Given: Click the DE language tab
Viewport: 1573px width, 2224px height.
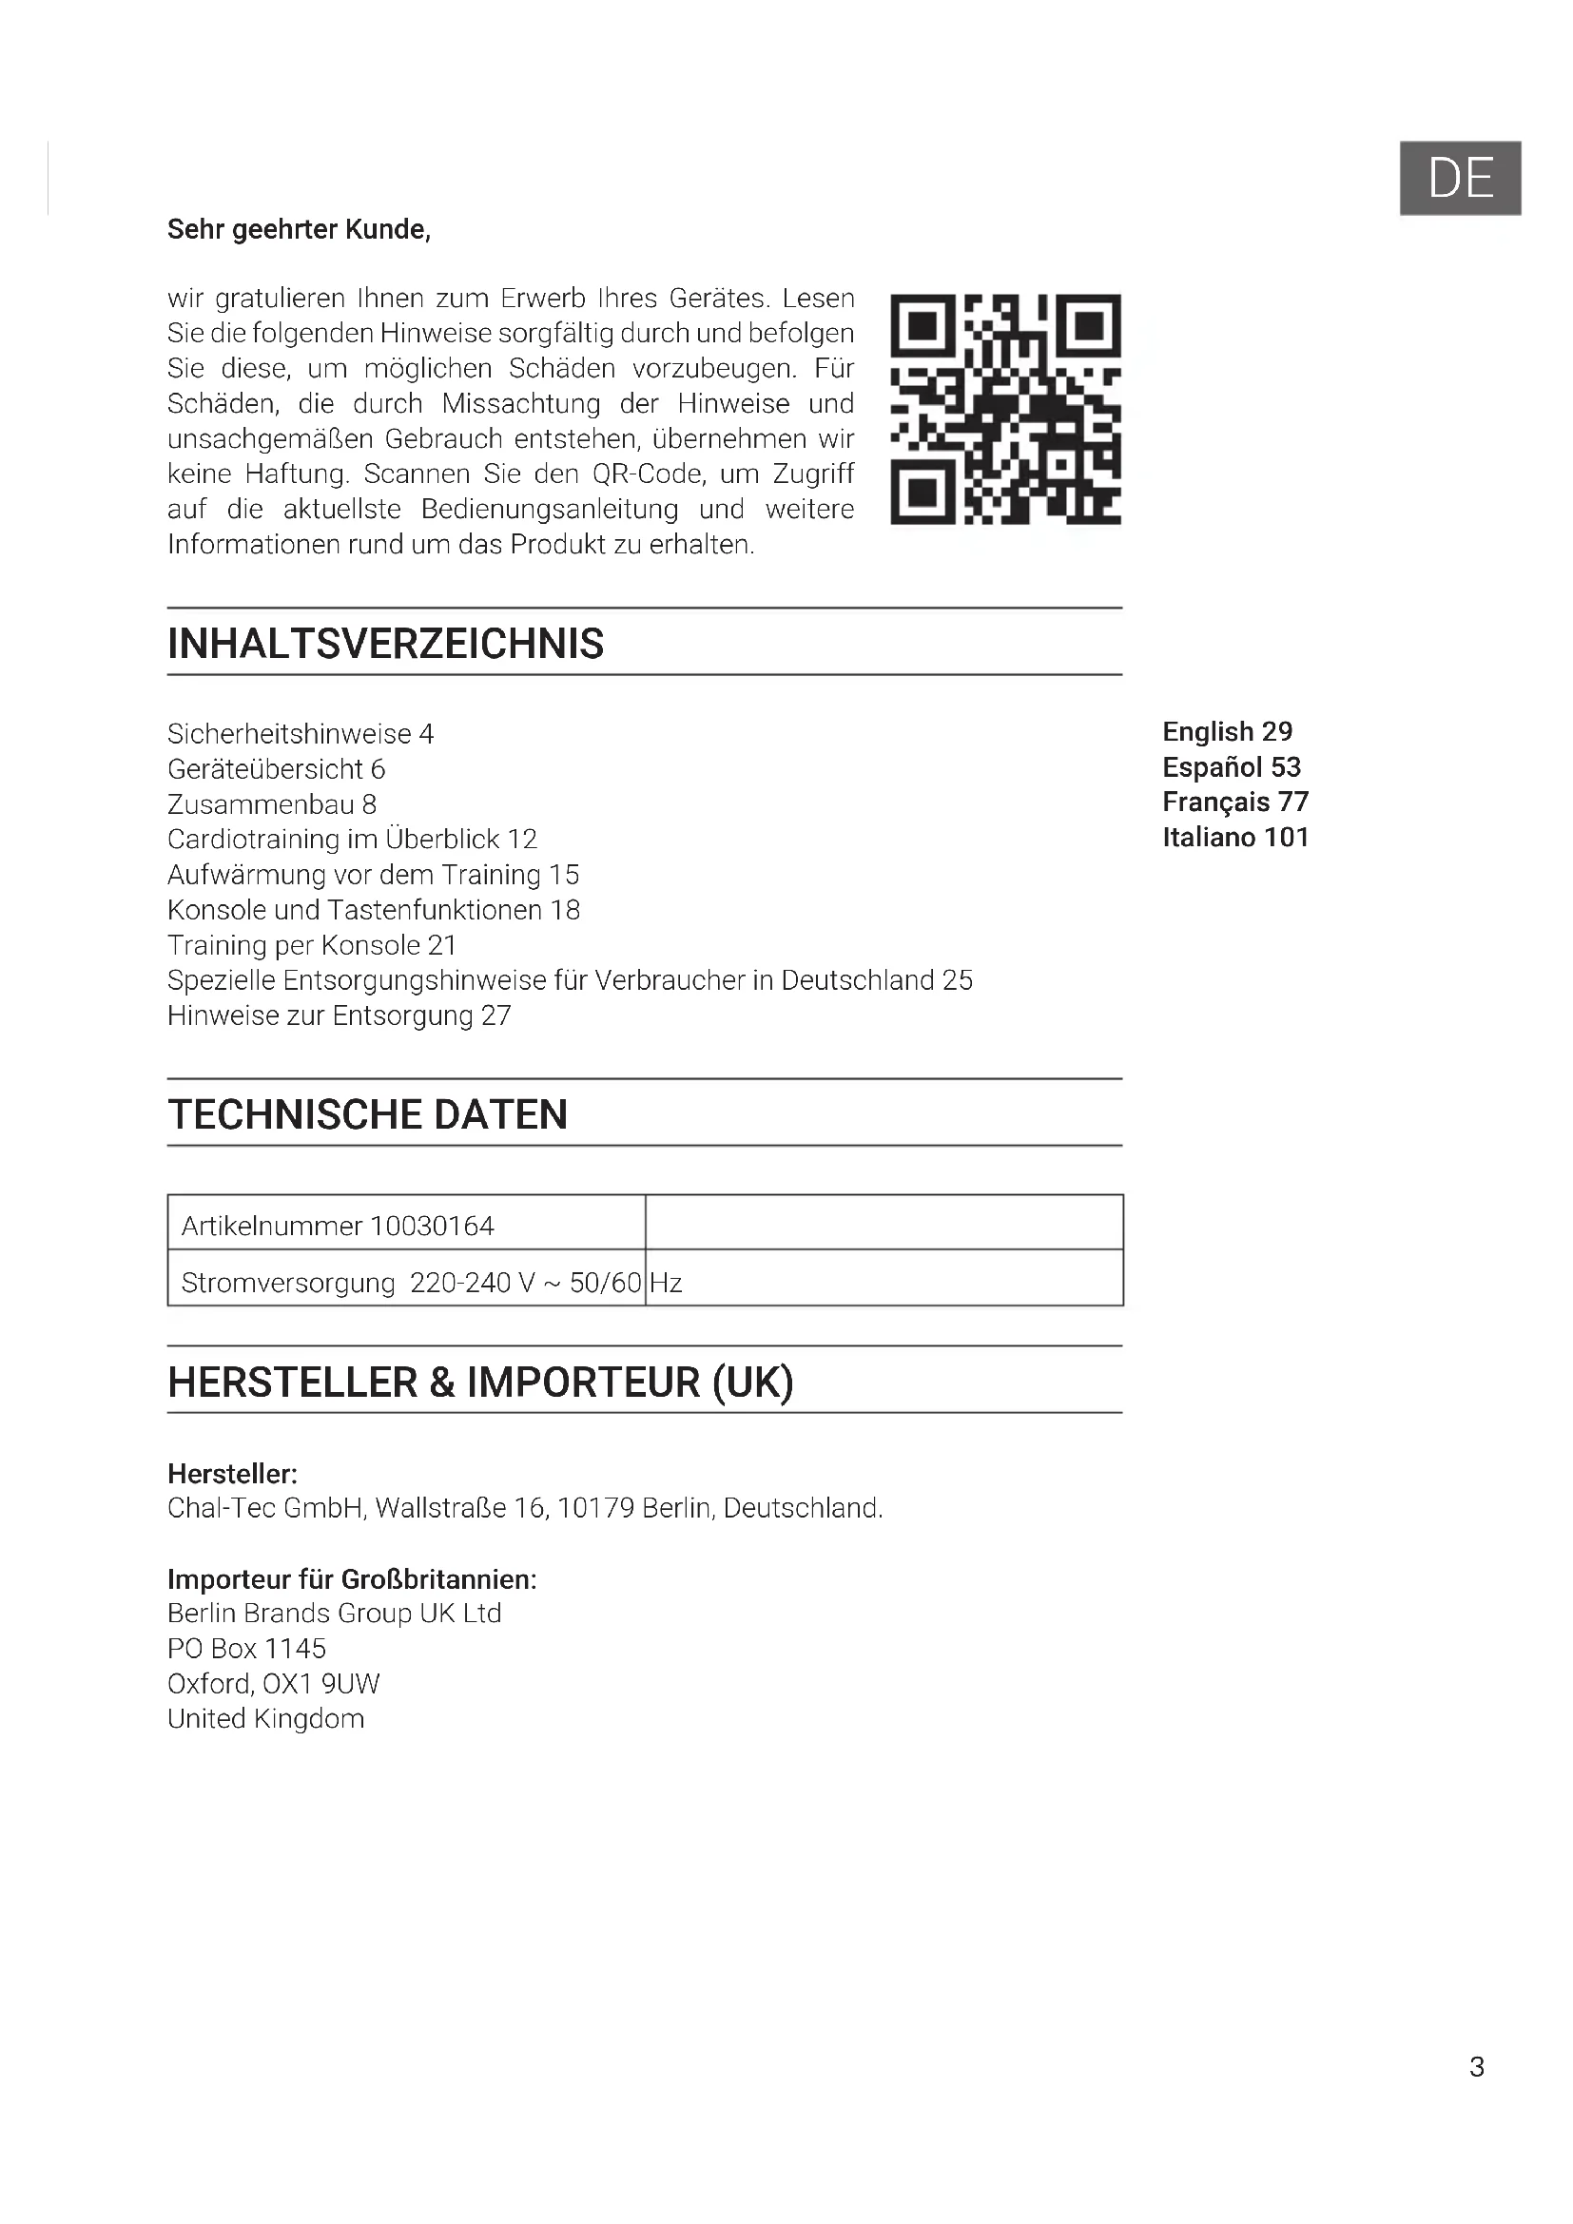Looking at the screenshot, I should [1460, 178].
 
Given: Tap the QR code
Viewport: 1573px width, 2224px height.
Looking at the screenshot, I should [1005, 409].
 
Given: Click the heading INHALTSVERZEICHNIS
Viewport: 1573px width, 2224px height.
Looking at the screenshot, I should [385, 643].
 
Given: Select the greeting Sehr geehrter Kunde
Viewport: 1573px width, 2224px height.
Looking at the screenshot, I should [299, 229].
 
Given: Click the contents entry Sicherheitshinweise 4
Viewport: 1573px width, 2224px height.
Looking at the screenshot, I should [301, 734].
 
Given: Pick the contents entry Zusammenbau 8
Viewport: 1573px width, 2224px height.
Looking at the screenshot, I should [272, 804].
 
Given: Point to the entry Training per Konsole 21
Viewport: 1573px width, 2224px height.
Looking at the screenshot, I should [312, 945].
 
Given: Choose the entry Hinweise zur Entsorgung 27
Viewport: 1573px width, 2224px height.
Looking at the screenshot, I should [339, 1015].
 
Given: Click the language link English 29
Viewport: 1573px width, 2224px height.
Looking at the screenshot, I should [1227, 731].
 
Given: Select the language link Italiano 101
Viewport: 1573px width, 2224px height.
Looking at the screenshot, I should [1235, 837].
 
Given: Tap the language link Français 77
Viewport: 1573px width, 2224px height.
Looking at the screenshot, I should [1235, 803].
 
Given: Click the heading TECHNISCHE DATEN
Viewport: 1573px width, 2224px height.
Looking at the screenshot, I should [368, 1114].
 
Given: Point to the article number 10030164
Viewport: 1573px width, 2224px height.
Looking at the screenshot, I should [432, 1227].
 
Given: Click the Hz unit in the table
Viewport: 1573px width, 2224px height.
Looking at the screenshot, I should [667, 1284].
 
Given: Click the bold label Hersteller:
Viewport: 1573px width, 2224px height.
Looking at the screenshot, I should [232, 1475].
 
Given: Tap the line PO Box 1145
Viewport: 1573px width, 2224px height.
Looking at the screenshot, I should [247, 1649].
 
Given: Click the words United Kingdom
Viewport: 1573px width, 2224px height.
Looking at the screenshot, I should [266, 1718].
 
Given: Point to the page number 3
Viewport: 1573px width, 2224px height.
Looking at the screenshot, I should [1476, 2066].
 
